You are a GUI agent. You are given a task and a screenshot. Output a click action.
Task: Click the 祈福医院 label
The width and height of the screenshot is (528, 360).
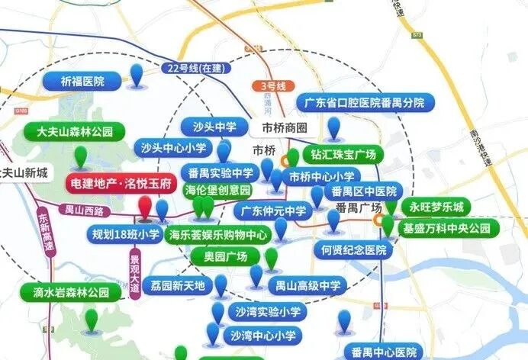(83, 80)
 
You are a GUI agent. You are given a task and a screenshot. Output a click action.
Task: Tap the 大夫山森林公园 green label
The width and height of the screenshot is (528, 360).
(75, 132)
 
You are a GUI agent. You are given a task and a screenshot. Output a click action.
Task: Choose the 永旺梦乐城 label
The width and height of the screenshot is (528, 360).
(436, 207)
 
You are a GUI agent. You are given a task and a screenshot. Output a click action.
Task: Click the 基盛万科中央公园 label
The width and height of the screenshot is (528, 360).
(450, 228)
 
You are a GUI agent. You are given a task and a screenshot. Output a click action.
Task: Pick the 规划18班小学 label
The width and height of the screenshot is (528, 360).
(126, 234)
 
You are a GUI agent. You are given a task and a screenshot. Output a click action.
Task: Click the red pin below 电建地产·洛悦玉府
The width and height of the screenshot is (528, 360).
(145, 207)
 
